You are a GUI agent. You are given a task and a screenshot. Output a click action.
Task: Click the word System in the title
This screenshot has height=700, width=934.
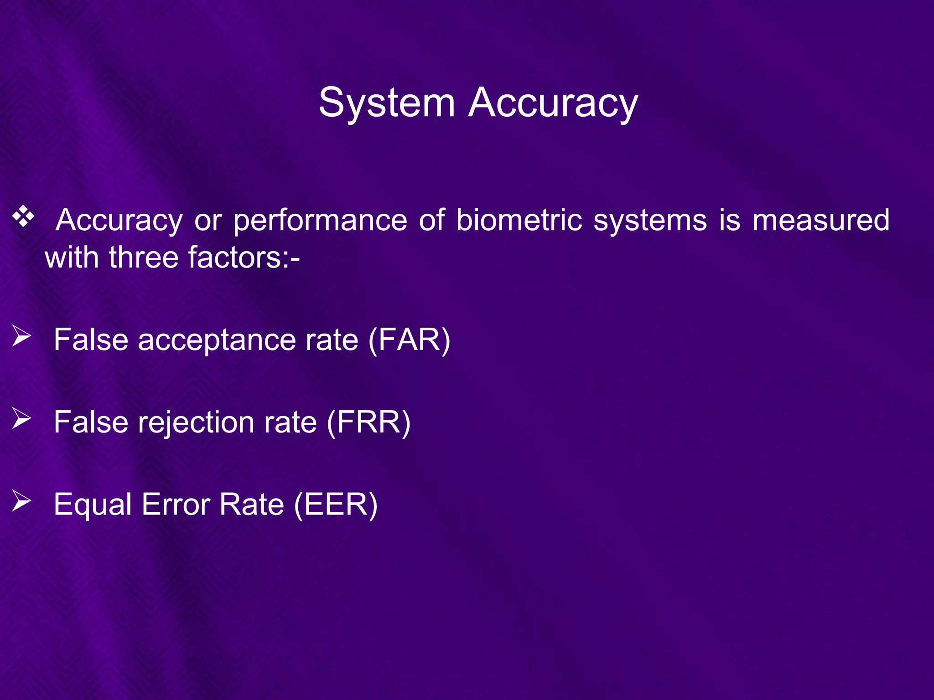pyautogui.click(x=387, y=103)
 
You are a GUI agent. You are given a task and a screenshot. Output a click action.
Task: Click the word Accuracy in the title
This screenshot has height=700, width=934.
pyautogui.click(x=553, y=103)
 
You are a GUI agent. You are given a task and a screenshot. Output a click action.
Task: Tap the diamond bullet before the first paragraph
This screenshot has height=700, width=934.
pyautogui.click(x=23, y=217)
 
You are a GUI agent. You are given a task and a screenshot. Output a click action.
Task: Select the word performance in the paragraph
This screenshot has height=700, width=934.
pyautogui.click(x=320, y=221)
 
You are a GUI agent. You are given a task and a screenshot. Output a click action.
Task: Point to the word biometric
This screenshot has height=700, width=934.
pyautogui.click(x=519, y=221)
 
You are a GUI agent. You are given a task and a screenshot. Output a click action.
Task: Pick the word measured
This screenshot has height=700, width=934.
pyautogui.click(x=820, y=221)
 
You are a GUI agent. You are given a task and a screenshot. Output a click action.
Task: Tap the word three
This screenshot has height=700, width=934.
pyautogui.click(x=143, y=257)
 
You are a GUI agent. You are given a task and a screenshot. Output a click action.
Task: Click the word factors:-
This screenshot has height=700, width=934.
pyautogui.click(x=244, y=257)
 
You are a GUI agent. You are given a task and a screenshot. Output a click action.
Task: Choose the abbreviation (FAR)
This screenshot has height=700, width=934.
pyautogui.click(x=409, y=340)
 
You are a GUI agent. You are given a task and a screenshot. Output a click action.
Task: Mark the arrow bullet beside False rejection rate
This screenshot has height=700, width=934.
pyautogui.click(x=21, y=418)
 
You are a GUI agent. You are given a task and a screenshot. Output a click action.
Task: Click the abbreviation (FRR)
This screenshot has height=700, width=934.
pyautogui.click(x=368, y=422)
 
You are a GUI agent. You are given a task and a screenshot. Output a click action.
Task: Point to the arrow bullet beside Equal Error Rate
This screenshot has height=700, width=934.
pyautogui.click(x=21, y=501)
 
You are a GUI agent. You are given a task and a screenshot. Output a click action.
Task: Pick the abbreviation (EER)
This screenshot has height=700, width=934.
pyautogui.click(x=336, y=504)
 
